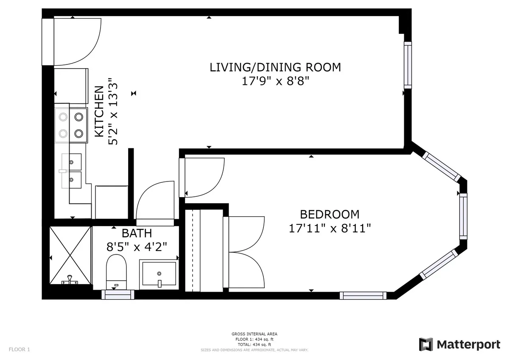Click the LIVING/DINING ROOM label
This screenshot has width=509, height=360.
[x=275, y=67]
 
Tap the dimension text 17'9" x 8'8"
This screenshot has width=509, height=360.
[x=275, y=81]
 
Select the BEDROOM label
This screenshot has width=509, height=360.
[x=330, y=214]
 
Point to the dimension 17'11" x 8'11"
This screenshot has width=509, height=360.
[x=330, y=229]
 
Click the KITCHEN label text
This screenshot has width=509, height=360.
[x=98, y=111]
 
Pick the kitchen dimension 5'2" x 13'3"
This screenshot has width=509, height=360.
[x=112, y=111]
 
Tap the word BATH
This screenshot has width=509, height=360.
[x=136, y=233]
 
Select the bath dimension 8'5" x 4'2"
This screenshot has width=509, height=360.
[x=136, y=246]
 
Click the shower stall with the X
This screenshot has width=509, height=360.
[x=70, y=255]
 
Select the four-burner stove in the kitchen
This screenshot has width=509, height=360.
[x=71, y=125]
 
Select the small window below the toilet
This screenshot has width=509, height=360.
[x=118, y=295]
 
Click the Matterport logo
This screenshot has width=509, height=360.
[x=459, y=344]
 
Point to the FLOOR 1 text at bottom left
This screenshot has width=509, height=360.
[x=19, y=350]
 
